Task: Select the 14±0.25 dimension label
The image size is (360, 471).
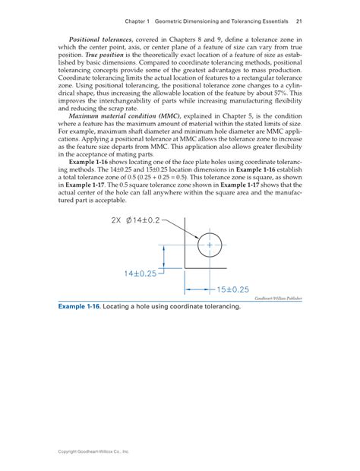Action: tap(136, 272)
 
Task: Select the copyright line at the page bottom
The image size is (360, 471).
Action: tap(90, 451)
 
